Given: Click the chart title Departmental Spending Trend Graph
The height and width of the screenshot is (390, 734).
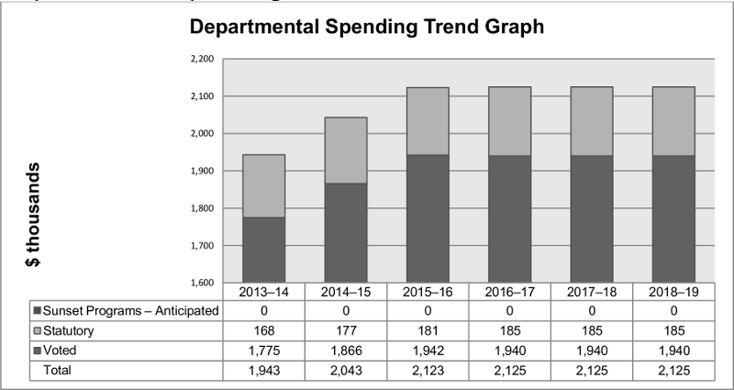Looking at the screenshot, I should (367, 28).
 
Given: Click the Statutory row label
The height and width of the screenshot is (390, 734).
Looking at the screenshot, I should (71, 329).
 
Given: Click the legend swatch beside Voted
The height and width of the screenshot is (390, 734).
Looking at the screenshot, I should (37, 349).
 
